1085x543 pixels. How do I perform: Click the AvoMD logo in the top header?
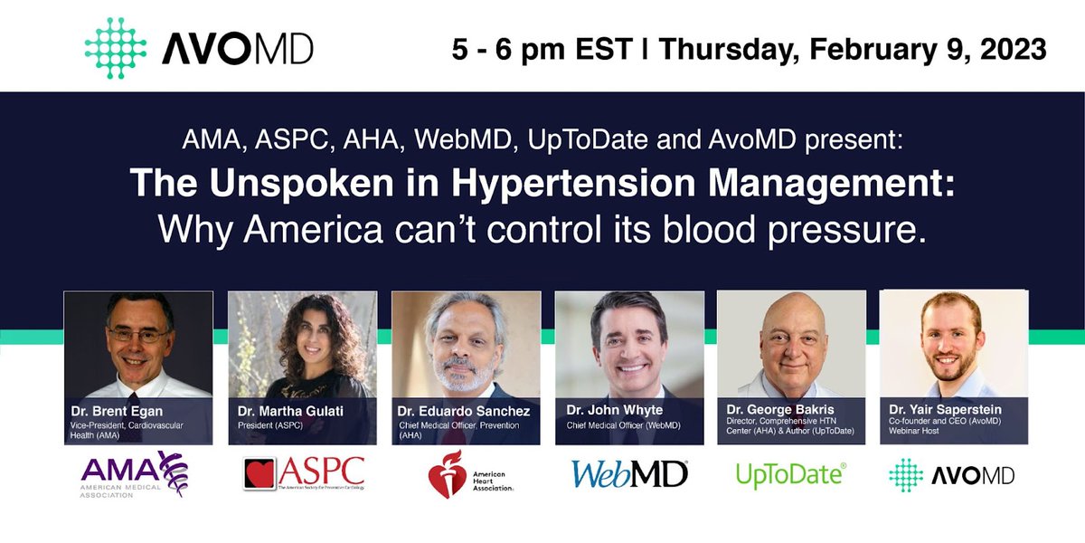[198, 48]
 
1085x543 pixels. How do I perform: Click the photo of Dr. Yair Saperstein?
[954, 344]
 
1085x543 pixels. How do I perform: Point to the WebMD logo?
[629, 472]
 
